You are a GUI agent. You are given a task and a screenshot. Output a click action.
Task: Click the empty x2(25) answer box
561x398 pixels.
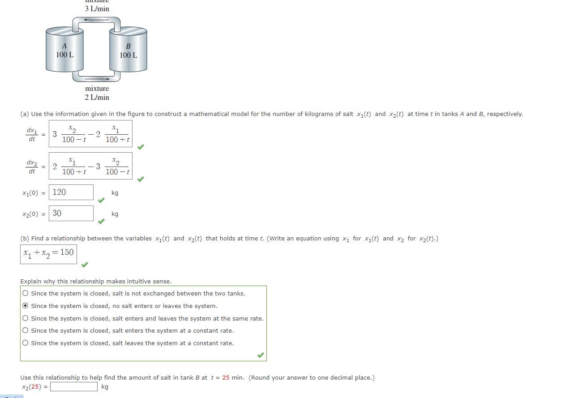coord(74,387)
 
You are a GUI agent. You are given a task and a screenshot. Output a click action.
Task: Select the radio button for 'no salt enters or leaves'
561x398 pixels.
coord(26,306)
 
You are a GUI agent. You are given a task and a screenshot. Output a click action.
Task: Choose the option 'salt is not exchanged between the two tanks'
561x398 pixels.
coord(26,294)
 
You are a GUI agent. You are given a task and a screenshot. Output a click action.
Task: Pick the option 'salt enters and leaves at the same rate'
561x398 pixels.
coord(26,319)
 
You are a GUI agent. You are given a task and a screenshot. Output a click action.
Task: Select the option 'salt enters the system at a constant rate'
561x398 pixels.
coord(26,331)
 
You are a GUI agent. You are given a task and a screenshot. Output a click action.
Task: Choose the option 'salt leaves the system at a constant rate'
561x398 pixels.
coord(26,343)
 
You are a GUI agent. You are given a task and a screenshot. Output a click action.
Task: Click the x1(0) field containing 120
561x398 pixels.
coord(71,193)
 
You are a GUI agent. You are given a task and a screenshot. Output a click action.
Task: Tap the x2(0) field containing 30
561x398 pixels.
coord(71,214)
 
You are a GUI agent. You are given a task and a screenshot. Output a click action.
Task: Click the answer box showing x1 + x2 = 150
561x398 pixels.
coord(48,254)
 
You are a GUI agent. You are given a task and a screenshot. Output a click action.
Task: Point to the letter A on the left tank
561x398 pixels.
coord(64,46)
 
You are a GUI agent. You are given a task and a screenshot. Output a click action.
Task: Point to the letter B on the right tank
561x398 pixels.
coord(128,46)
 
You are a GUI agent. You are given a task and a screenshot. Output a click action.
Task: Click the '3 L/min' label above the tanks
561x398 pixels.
coord(97,9)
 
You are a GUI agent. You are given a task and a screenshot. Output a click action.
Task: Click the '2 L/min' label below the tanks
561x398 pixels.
coord(97,97)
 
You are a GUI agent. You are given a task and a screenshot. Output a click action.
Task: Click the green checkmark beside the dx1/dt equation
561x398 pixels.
coord(141,146)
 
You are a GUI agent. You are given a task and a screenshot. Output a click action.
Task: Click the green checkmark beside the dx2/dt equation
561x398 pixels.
coord(141,179)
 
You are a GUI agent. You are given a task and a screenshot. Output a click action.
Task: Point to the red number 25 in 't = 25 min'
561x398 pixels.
coord(226,378)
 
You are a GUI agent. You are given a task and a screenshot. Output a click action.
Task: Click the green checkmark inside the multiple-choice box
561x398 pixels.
coord(261,355)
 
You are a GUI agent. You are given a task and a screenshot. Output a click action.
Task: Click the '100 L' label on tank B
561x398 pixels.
coord(128,55)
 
